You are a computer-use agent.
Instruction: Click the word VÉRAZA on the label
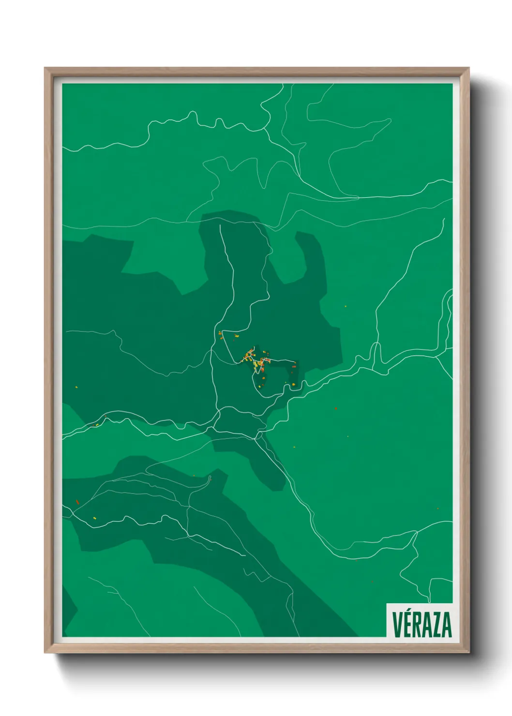point(422,624)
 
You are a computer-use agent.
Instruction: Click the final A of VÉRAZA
point(447,625)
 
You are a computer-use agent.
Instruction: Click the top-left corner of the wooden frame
point(45,69)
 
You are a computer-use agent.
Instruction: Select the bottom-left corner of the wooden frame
point(45,652)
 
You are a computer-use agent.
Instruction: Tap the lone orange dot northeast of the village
point(346,306)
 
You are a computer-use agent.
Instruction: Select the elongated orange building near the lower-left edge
point(77,502)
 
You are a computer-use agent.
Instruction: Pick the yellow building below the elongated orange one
point(95,519)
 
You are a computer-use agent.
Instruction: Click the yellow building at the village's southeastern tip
point(293,384)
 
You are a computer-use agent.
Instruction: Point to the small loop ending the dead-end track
point(210,478)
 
